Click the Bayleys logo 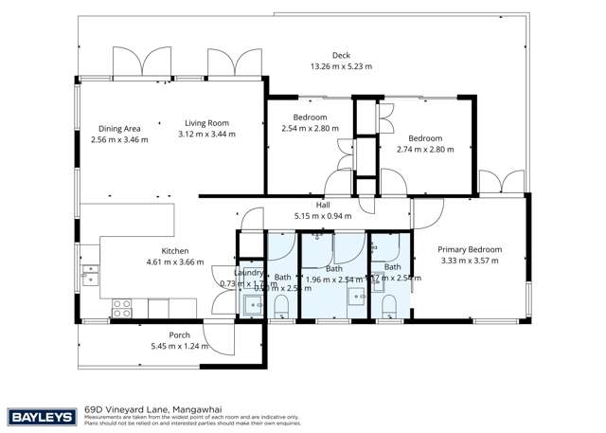(x=41, y=415)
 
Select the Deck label (x=341, y=55)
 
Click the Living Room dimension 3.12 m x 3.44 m (x=206, y=135)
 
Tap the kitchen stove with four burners (x=122, y=307)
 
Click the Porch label (x=179, y=334)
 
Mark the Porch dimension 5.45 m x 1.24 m (x=179, y=347)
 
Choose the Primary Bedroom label (x=469, y=249)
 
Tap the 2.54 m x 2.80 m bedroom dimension (x=310, y=128)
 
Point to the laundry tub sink (x=252, y=305)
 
